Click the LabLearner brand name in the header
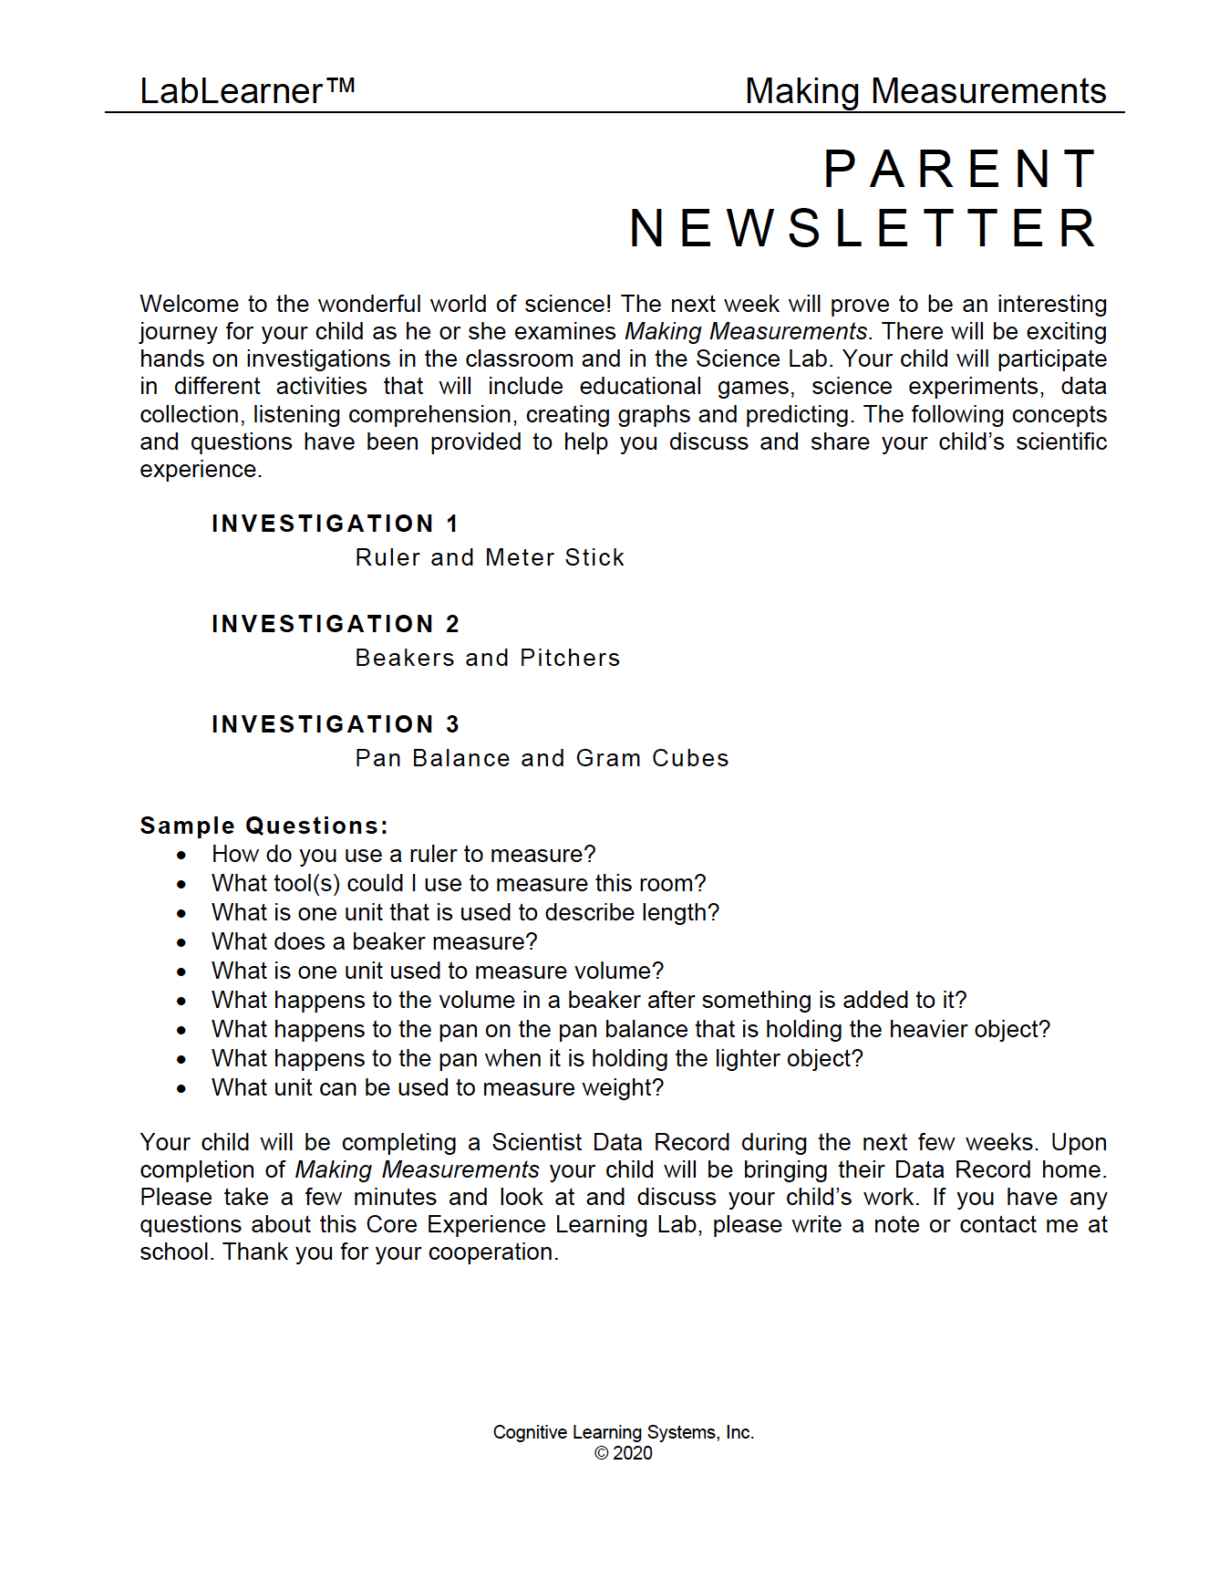pyautogui.click(x=232, y=91)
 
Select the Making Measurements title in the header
pyautogui.click(x=925, y=91)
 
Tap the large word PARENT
pyautogui.click(x=961, y=170)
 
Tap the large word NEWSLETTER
pyautogui.click(x=863, y=228)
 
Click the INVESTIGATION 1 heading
pyautogui.click(x=335, y=524)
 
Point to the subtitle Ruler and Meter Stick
pyautogui.click(x=490, y=557)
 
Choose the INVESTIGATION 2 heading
pyautogui.click(x=335, y=624)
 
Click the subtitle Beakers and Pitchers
pyautogui.click(x=487, y=658)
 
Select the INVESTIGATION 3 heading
pyautogui.click(x=335, y=724)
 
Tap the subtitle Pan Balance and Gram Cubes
pyautogui.click(x=542, y=758)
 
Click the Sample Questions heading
pyautogui.click(x=263, y=826)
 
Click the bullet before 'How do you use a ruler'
pyautogui.click(x=182, y=856)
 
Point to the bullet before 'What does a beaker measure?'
pyautogui.click(x=182, y=943)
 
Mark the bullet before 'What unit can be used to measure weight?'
pyautogui.click(x=182, y=1089)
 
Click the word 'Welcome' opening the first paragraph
pyautogui.click(x=188, y=304)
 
